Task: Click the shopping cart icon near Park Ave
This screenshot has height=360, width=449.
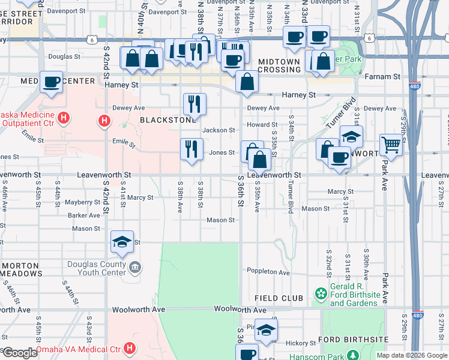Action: (x=391, y=145)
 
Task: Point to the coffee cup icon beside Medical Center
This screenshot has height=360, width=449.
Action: (x=52, y=82)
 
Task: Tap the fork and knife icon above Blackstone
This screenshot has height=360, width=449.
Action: (x=194, y=104)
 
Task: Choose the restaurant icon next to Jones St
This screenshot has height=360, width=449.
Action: (x=191, y=149)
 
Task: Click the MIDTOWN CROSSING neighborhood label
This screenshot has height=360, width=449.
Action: (x=279, y=65)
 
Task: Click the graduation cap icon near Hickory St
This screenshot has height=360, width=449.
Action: (x=266, y=329)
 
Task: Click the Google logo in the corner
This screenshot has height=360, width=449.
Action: (x=19, y=353)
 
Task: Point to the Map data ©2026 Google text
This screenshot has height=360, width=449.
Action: (x=411, y=355)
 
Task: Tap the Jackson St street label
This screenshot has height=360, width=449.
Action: (x=218, y=130)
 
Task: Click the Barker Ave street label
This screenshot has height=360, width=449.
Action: (x=83, y=215)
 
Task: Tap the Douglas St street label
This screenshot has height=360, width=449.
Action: (x=64, y=57)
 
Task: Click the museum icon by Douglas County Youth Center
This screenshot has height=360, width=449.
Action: (x=134, y=267)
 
